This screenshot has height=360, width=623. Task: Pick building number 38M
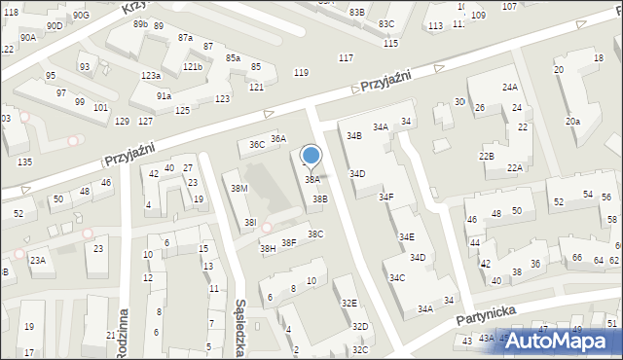238,188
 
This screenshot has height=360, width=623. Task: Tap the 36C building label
257,145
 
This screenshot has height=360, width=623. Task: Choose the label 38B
319,198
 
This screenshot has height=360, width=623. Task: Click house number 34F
386,198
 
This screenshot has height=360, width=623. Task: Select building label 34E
406,237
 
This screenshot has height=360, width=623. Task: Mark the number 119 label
302,73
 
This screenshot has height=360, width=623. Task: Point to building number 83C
386,23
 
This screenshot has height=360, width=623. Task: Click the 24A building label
510,88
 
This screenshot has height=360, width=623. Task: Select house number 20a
573,121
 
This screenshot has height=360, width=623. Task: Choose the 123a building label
150,76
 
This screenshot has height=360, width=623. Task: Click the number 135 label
24,162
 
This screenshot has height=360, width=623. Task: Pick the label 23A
37,261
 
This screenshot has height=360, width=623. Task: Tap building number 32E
348,304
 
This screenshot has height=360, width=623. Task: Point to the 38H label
268,249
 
